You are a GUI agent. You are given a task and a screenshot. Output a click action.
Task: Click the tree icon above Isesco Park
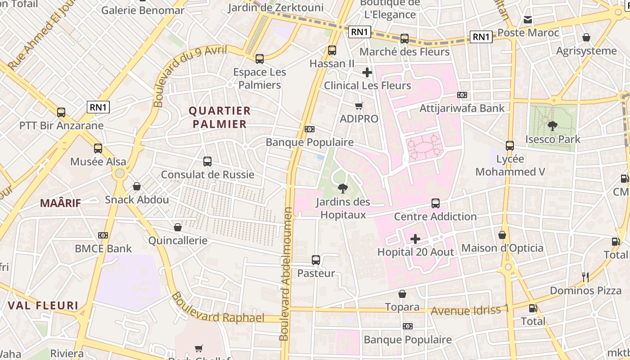(552, 126)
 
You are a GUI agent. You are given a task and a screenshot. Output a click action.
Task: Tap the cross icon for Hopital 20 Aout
(415, 238)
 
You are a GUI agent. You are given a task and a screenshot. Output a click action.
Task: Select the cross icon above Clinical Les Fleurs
(367, 72)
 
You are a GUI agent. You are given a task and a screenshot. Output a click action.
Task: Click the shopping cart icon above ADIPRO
(359, 106)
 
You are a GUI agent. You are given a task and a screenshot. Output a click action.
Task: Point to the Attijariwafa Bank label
(462, 108)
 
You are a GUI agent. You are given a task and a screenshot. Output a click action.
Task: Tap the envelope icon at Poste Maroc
(528, 19)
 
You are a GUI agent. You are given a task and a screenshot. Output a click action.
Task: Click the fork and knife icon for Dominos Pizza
(585, 277)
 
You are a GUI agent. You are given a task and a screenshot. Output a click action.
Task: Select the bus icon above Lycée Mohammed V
(510, 146)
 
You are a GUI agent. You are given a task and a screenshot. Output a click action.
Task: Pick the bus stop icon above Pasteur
(316, 260)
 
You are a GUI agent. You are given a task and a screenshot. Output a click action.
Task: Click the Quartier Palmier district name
(220, 117)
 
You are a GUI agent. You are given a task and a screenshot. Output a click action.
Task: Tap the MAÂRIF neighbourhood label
(60, 203)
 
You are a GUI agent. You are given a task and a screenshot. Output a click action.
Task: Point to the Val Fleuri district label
(43, 306)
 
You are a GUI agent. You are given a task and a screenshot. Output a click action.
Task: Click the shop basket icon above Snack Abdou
(137, 186)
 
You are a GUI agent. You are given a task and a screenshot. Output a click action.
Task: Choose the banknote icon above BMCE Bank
(103, 235)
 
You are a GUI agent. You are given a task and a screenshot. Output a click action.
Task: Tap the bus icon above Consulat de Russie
(207, 162)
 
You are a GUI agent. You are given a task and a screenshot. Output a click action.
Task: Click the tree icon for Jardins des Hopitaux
(343, 189)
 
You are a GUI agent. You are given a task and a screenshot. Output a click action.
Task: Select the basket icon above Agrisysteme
(586, 37)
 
